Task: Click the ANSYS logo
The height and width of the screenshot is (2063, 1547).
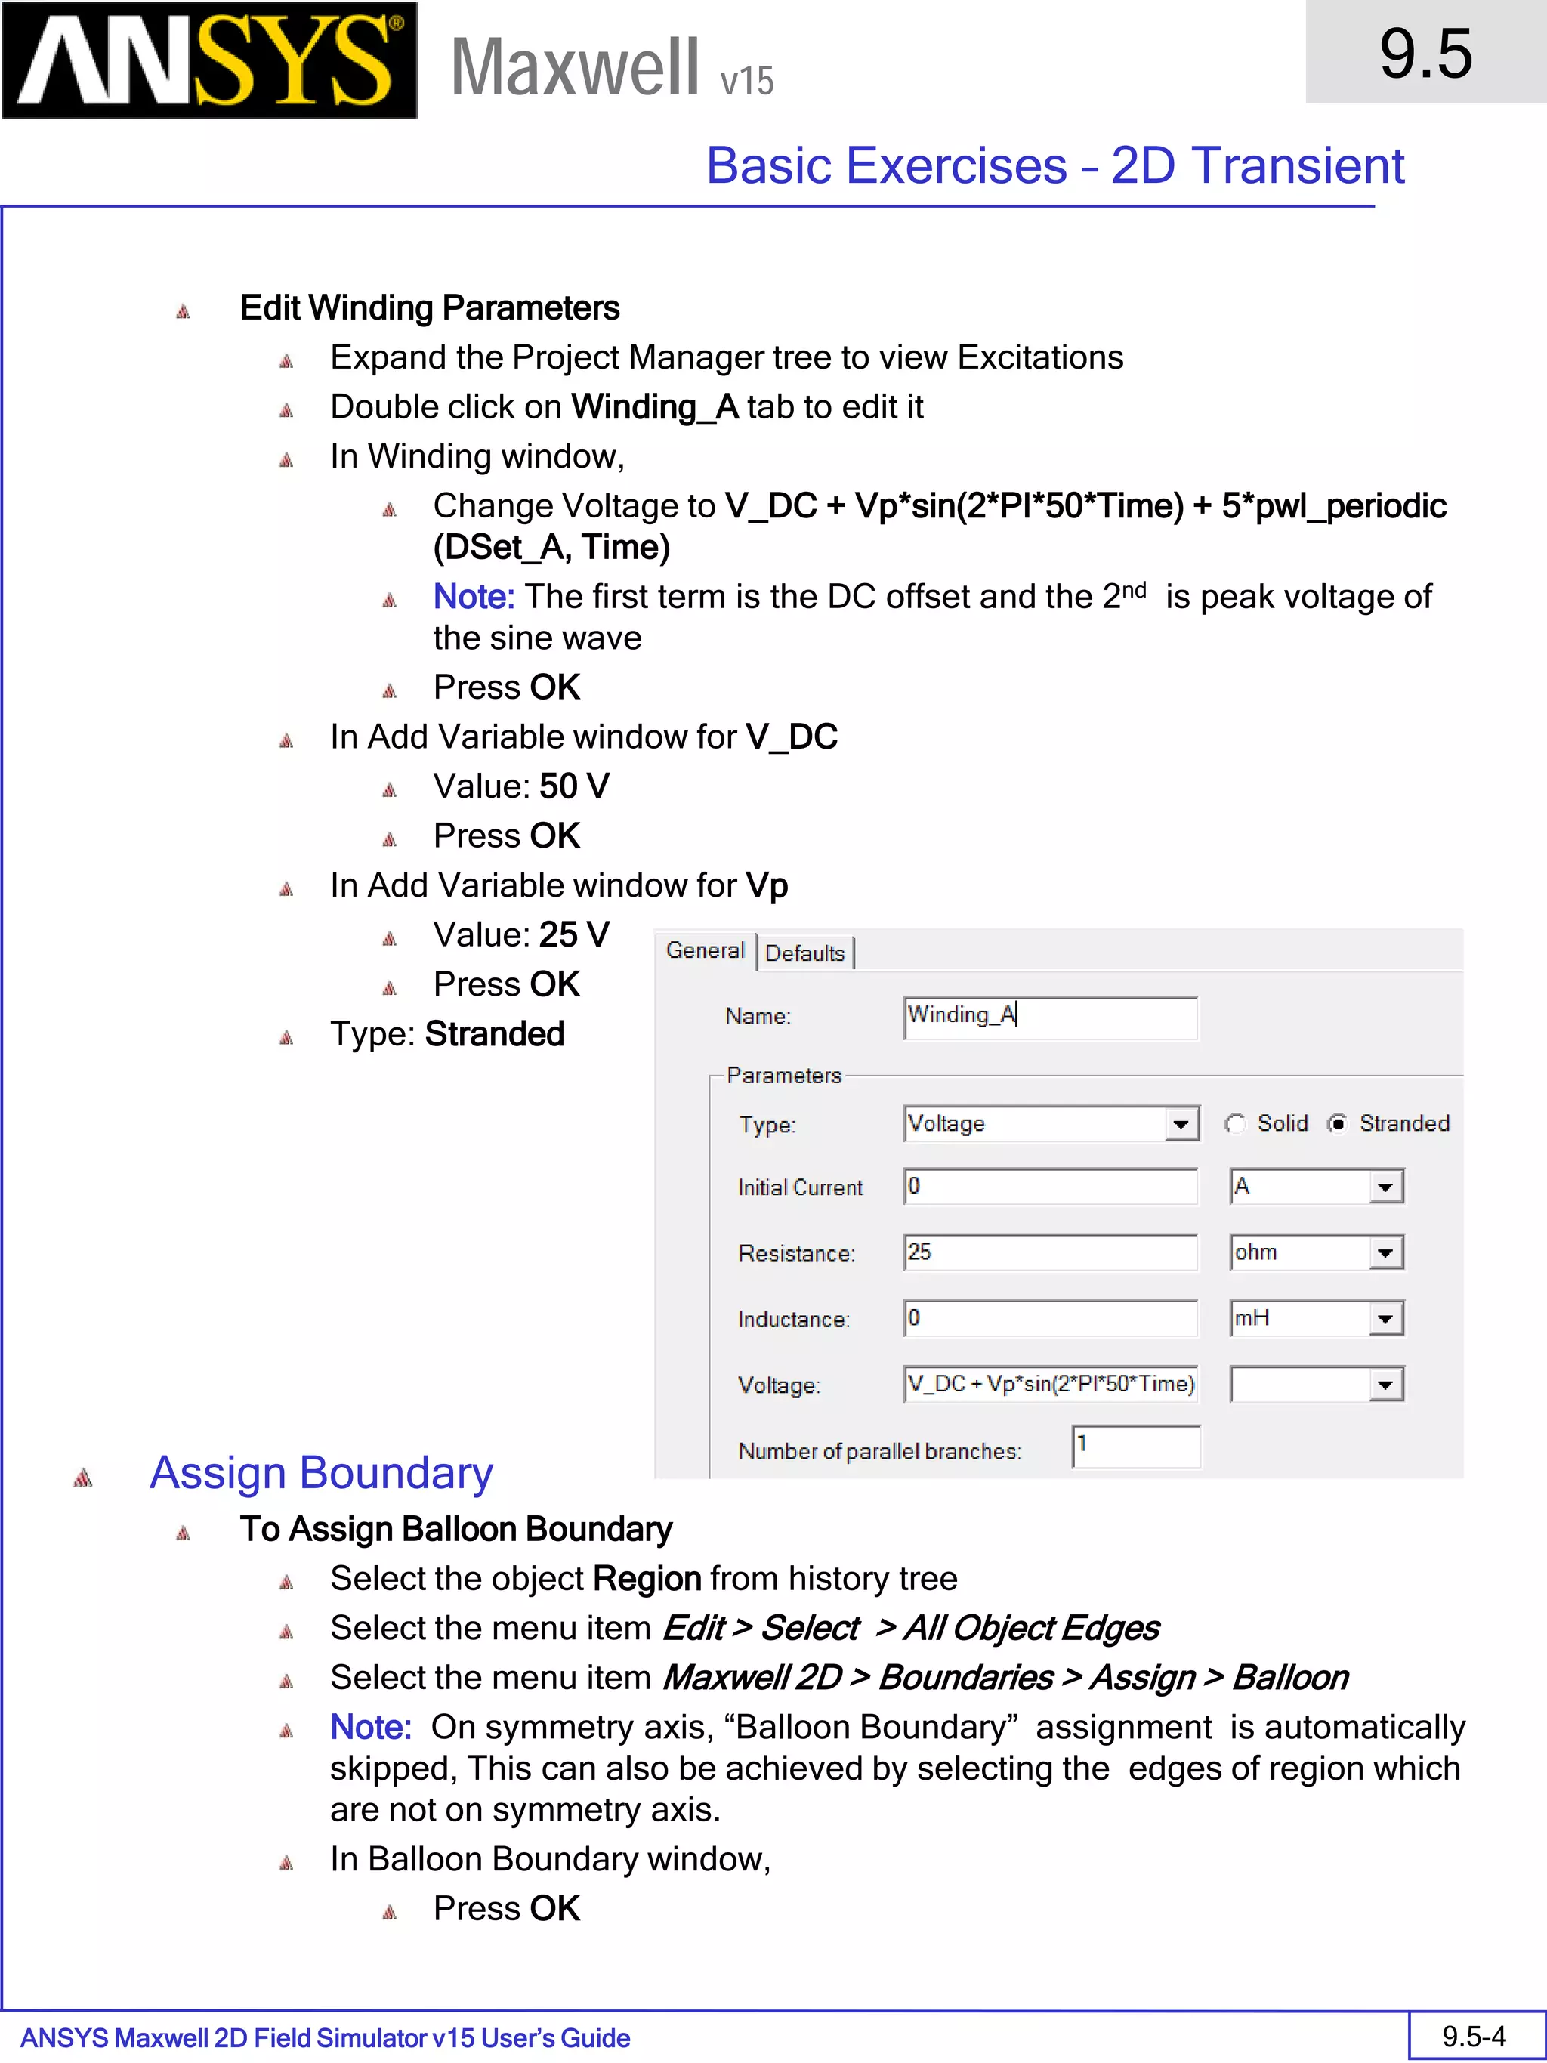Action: click(209, 60)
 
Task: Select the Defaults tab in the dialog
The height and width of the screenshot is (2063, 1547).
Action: click(804, 953)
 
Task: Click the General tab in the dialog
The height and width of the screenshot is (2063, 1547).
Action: click(705, 950)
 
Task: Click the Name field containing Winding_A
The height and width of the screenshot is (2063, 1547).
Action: click(1049, 1017)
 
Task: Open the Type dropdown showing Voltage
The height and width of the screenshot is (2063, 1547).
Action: click(1181, 1125)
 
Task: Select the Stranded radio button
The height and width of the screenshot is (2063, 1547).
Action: click(1337, 1124)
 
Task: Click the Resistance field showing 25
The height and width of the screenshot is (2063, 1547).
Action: click(1049, 1252)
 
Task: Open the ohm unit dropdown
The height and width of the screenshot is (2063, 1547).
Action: click(1385, 1252)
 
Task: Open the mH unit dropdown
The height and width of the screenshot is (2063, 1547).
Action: click(1385, 1319)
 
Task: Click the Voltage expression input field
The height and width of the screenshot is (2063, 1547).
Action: click(1049, 1384)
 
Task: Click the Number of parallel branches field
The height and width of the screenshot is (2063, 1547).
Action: click(1136, 1447)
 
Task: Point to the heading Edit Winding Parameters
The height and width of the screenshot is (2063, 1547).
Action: click(429, 307)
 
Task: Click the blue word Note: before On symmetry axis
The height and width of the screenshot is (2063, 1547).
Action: click(370, 1728)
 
